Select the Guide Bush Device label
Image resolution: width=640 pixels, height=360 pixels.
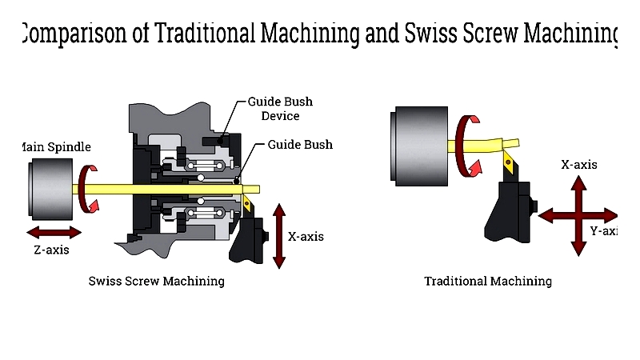click(280, 109)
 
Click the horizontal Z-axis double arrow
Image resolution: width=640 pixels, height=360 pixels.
click(54, 232)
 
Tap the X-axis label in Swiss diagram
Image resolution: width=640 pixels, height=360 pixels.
click(306, 237)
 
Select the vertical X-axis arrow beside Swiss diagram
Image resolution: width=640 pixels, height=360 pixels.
click(279, 236)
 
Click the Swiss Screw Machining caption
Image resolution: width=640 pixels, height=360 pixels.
click(156, 281)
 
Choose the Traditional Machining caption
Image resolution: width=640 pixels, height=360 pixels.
click(488, 281)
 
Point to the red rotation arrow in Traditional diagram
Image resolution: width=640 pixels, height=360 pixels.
click(466, 145)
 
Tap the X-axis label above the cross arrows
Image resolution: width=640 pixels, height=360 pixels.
click(579, 165)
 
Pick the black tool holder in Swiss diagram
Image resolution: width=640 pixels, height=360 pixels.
click(250, 238)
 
